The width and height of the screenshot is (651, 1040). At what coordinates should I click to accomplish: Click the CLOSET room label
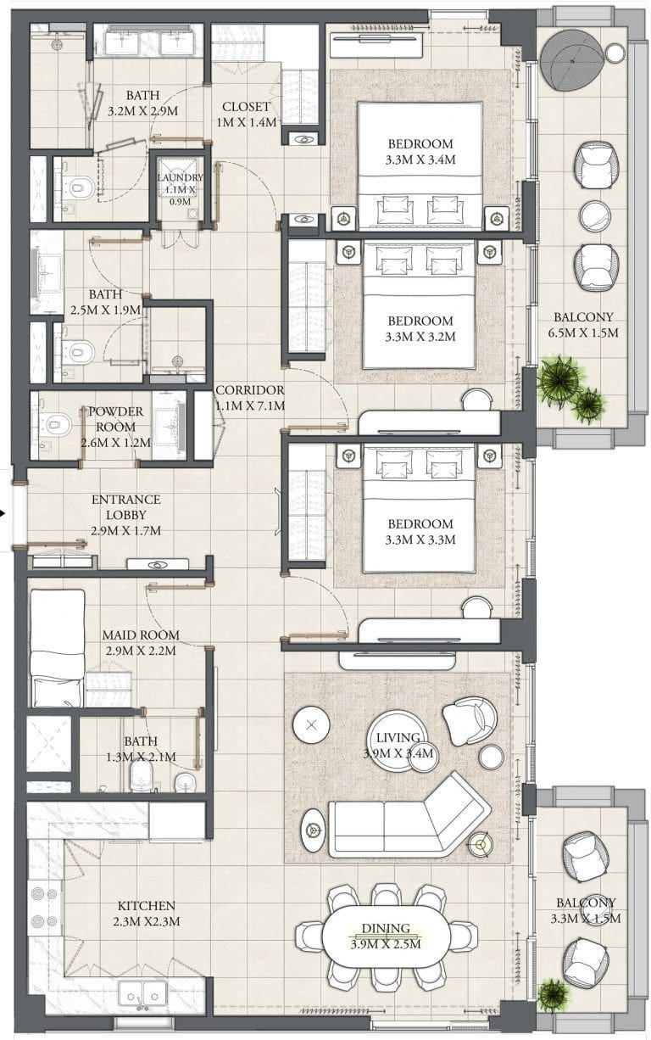[x=246, y=106]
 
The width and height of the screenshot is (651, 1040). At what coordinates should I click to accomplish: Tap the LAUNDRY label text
[x=180, y=177]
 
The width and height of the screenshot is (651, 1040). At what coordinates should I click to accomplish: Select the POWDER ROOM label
[x=115, y=419]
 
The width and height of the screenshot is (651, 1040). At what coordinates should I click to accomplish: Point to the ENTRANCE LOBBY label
[x=125, y=507]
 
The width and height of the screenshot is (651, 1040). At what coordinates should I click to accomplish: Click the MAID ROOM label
[x=141, y=635]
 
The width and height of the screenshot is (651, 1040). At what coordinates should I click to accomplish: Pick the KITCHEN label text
[x=146, y=905]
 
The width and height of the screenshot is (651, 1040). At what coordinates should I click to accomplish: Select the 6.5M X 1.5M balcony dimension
[x=583, y=333]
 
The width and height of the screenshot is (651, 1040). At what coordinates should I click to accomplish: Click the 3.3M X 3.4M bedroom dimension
[x=420, y=159]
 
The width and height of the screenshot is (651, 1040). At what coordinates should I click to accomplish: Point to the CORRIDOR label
[x=250, y=390]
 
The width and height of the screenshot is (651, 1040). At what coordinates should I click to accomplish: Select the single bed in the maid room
[x=58, y=648]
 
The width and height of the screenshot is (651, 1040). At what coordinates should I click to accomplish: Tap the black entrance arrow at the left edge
[x=3, y=513]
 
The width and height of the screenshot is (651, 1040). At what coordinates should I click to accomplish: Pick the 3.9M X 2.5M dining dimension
[x=386, y=944]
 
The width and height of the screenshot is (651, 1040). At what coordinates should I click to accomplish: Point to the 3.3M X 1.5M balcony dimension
[x=585, y=919]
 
